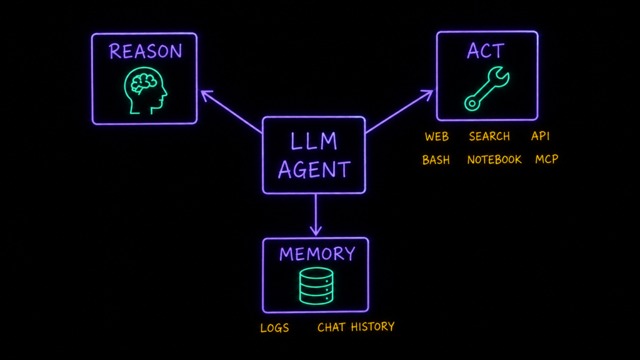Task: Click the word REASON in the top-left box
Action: pos(145,51)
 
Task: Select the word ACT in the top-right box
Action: pos(485,51)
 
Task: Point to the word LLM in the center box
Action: pos(314,141)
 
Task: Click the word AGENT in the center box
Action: pos(314,169)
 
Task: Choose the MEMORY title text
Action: pos(317,254)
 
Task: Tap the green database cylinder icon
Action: pos(316,286)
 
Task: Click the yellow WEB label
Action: pos(437,137)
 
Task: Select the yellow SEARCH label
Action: pos(489,136)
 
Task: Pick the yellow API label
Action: pos(540,136)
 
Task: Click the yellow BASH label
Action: pos(436,160)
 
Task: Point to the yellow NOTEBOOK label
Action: pos(494,159)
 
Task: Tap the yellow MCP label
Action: pos(546,159)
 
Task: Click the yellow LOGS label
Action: pos(275,328)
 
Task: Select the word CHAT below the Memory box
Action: pos(331,327)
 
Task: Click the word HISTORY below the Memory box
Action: pos(372,327)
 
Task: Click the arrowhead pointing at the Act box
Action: pos(428,94)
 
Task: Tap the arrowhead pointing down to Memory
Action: pos(316,230)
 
